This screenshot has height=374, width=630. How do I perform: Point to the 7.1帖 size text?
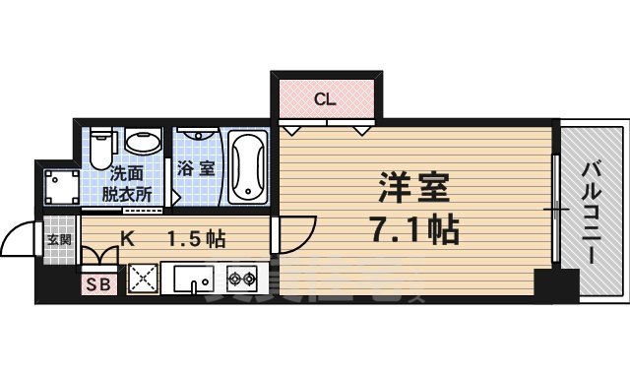click(414, 231)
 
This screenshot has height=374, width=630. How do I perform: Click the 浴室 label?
click(195, 168)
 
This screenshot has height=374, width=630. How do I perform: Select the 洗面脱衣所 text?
click(127, 183)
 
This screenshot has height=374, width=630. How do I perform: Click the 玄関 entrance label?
click(59, 238)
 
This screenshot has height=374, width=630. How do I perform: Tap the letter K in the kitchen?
click(127, 237)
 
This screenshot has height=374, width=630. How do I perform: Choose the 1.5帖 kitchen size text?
click(196, 238)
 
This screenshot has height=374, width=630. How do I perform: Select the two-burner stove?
click(242, 280)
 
